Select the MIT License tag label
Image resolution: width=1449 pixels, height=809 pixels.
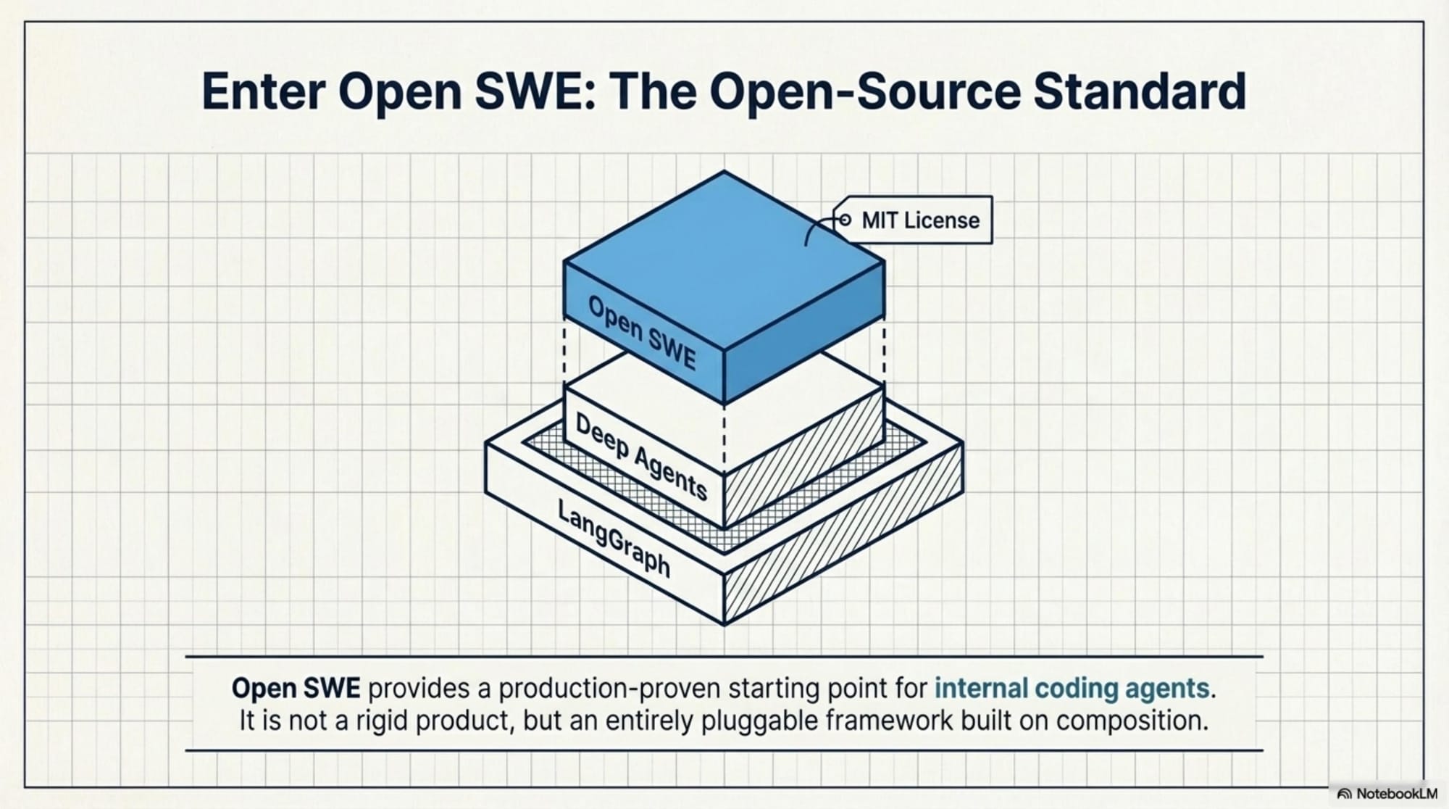(920, 220)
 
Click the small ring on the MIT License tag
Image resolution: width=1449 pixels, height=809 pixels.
(845, 219)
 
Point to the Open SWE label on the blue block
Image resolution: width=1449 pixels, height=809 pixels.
(642, 333)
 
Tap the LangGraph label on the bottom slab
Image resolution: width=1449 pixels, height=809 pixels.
(614, 539)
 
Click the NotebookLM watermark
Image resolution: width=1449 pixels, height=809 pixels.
(1387, 794)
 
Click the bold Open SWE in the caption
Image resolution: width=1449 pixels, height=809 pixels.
(296, 688)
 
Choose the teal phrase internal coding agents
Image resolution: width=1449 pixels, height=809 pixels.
(1072, 688)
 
